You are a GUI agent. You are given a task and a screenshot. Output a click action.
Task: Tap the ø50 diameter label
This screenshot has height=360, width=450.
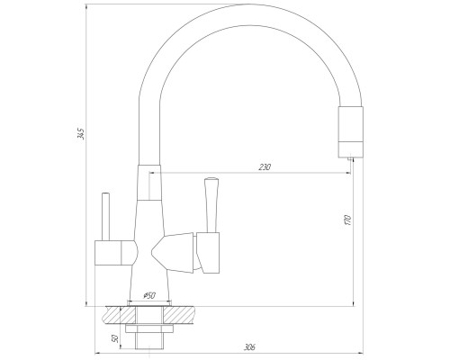point(149,294)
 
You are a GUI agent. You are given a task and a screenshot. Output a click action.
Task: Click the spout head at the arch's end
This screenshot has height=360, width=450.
point(351,127)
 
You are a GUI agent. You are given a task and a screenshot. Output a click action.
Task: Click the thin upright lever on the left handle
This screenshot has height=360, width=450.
point(105,213)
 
